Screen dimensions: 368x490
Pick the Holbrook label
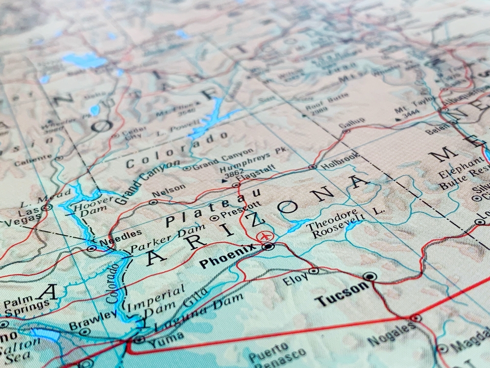click(340, 161)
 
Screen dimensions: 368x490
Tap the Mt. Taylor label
click(414, 104)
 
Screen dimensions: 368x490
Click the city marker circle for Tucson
click(370, 277)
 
